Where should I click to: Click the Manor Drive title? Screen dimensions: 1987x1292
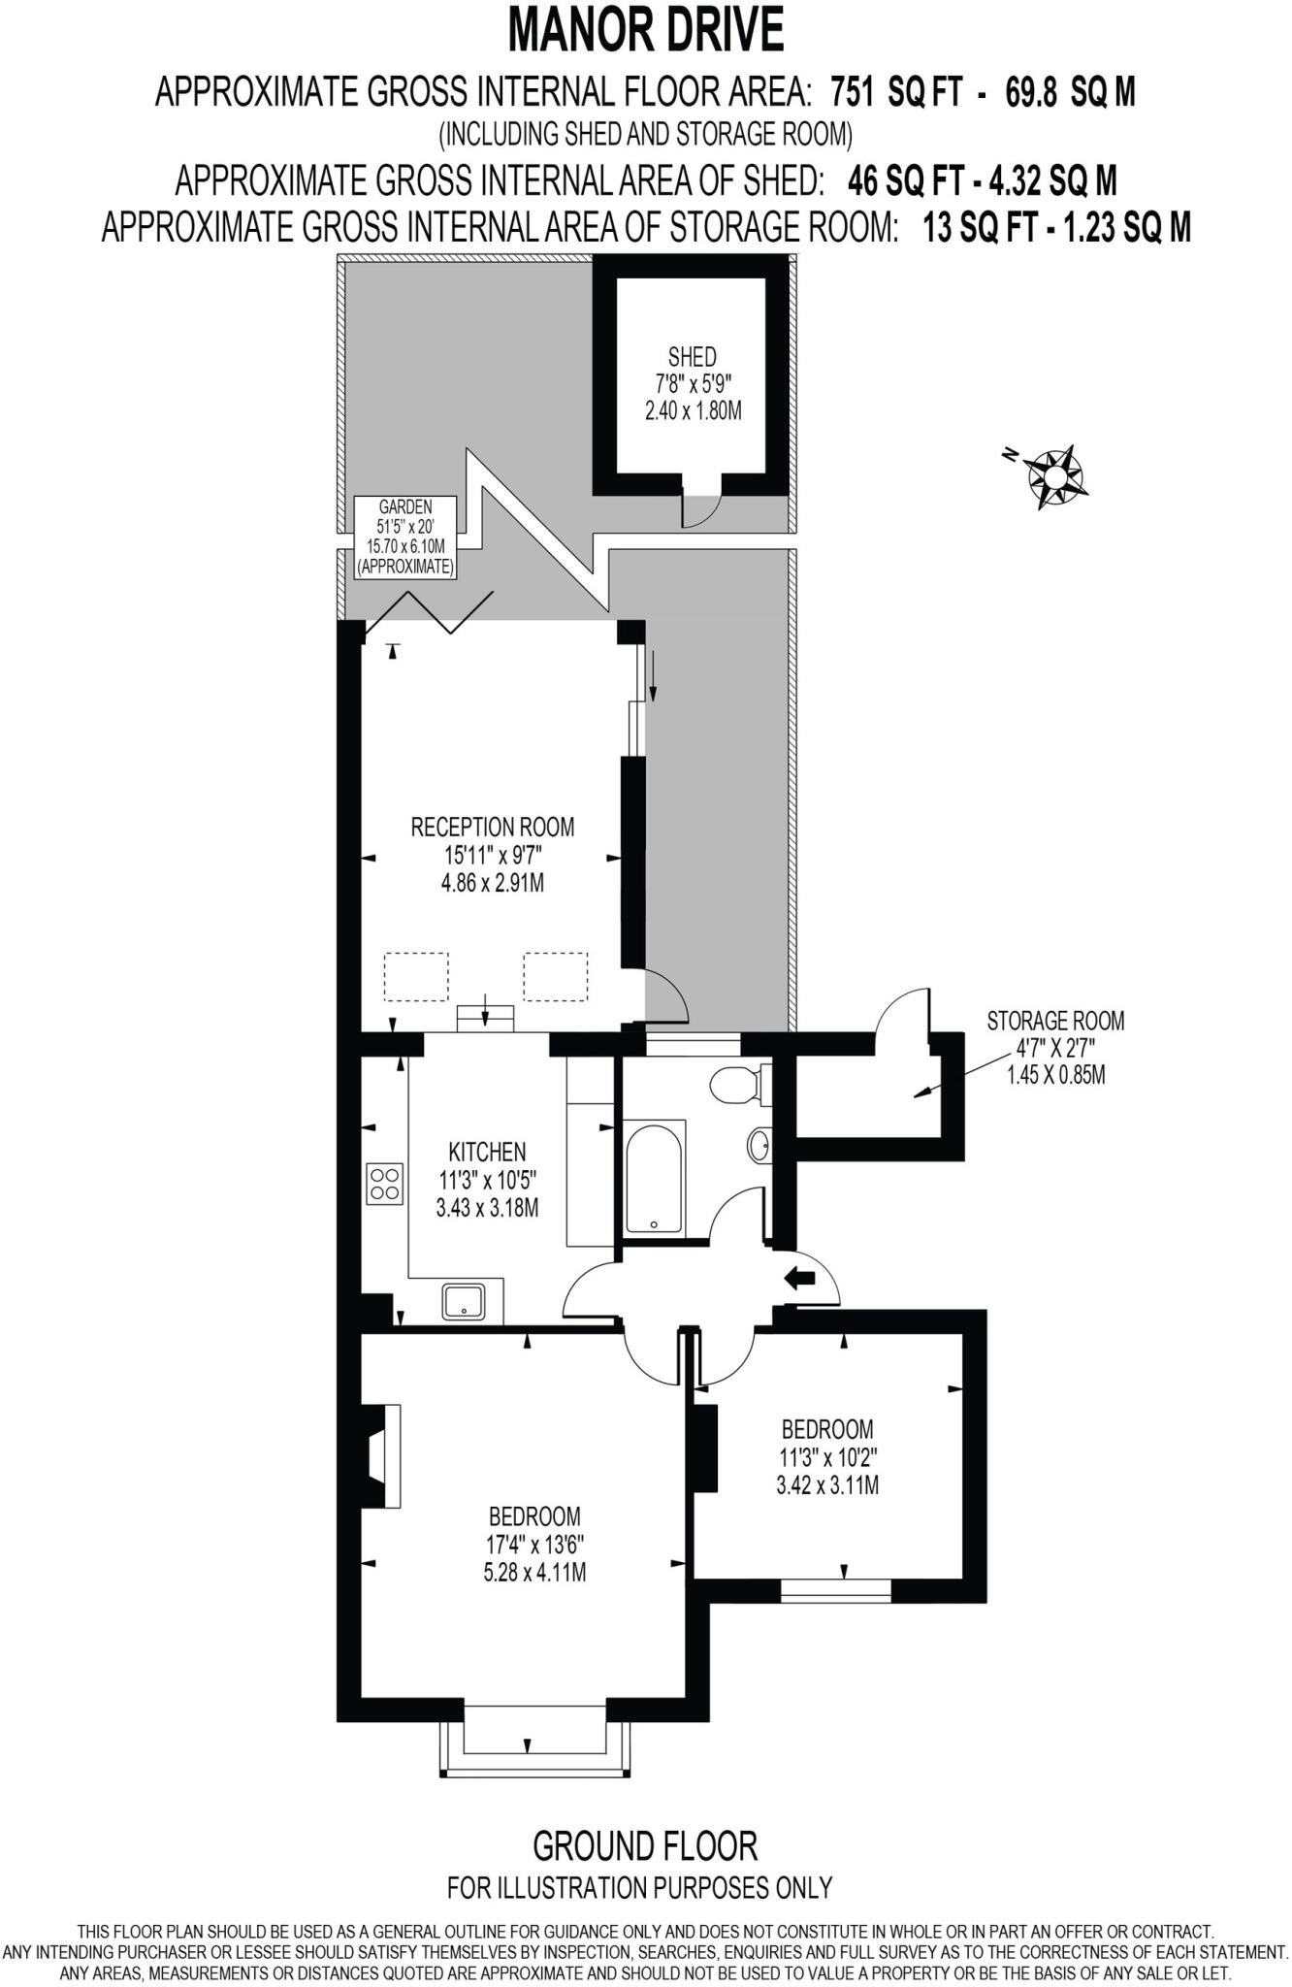coord(646,31)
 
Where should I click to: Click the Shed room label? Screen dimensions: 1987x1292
coord(692,356)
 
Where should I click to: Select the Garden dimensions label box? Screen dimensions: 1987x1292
coord(405,537)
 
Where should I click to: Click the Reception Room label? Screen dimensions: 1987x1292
coord(493,827)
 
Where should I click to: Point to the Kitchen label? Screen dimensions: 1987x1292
coord(487,1152)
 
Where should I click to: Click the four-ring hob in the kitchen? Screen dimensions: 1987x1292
coord(385,1183)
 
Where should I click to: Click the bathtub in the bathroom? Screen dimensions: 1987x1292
coord(653,1175)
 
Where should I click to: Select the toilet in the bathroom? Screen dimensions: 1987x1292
coord(736,1083)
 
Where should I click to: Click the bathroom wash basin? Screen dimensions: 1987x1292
coord(760,1145)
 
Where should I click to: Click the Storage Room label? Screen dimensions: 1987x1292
coord(1055,1021)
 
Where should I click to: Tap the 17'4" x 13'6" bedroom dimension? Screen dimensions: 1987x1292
coord(534,1544)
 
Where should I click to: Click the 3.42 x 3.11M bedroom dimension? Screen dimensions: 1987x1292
coord(827,1484)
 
